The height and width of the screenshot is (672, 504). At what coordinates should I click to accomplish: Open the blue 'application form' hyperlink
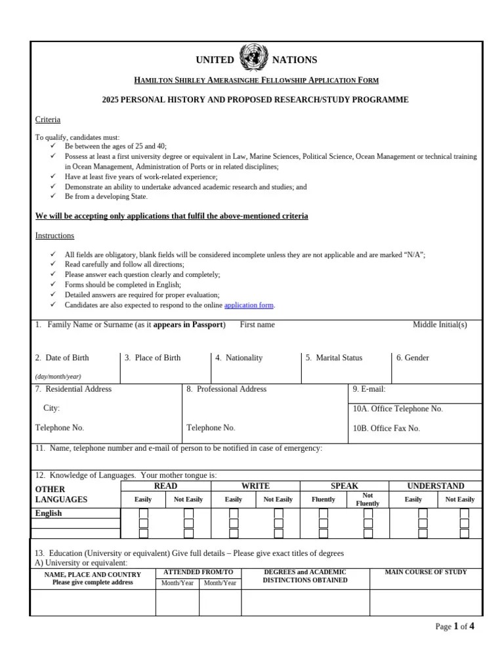point(249,305)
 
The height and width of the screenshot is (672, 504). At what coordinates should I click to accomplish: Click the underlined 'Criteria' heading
point(47,119)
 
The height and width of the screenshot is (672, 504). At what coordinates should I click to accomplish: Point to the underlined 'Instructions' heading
point(54,236)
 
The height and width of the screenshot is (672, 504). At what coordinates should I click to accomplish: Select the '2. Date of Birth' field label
point(62,358)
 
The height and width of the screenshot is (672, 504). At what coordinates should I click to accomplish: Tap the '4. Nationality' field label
point(239,358)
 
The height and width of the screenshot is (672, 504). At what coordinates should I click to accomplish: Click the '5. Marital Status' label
point(334,358)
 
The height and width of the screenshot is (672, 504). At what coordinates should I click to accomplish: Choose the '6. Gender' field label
point(412,358)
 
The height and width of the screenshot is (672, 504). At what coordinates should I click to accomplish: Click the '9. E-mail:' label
point(369,389)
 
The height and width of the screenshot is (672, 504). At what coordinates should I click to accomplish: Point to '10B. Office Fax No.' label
point(386,429)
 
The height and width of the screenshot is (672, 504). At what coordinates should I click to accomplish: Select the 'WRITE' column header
point(255,486)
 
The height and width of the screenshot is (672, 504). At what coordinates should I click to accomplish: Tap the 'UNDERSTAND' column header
point(435,486)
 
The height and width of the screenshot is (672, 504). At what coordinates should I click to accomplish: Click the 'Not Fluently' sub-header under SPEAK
point(367,499)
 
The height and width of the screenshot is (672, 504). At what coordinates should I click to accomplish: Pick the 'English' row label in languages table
point(49,513)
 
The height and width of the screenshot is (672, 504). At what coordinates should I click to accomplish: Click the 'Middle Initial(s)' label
point(440,325)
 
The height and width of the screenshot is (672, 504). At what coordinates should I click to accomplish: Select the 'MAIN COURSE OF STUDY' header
point(425,572)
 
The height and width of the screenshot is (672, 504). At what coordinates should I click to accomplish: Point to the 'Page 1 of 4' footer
point(454,627)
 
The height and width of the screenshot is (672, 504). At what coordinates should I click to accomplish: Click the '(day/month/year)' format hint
point(58,377)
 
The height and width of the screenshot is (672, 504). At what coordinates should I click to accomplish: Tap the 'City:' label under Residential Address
point(51,408)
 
